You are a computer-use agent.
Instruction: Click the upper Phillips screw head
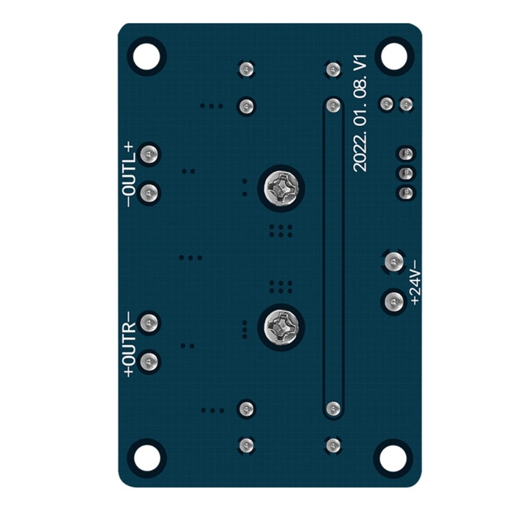[282, 188]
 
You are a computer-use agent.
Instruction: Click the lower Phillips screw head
[282, 327]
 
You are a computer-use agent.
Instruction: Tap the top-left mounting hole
[147, 57]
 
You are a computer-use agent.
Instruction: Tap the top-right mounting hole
[394, 57]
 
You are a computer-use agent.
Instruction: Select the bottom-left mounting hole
[147, 458]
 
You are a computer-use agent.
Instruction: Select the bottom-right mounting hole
[393, 458]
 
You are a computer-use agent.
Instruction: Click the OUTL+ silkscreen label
[128, 174]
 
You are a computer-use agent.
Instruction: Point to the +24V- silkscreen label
[416, 282]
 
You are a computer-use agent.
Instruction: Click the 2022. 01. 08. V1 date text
[360, 114]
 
